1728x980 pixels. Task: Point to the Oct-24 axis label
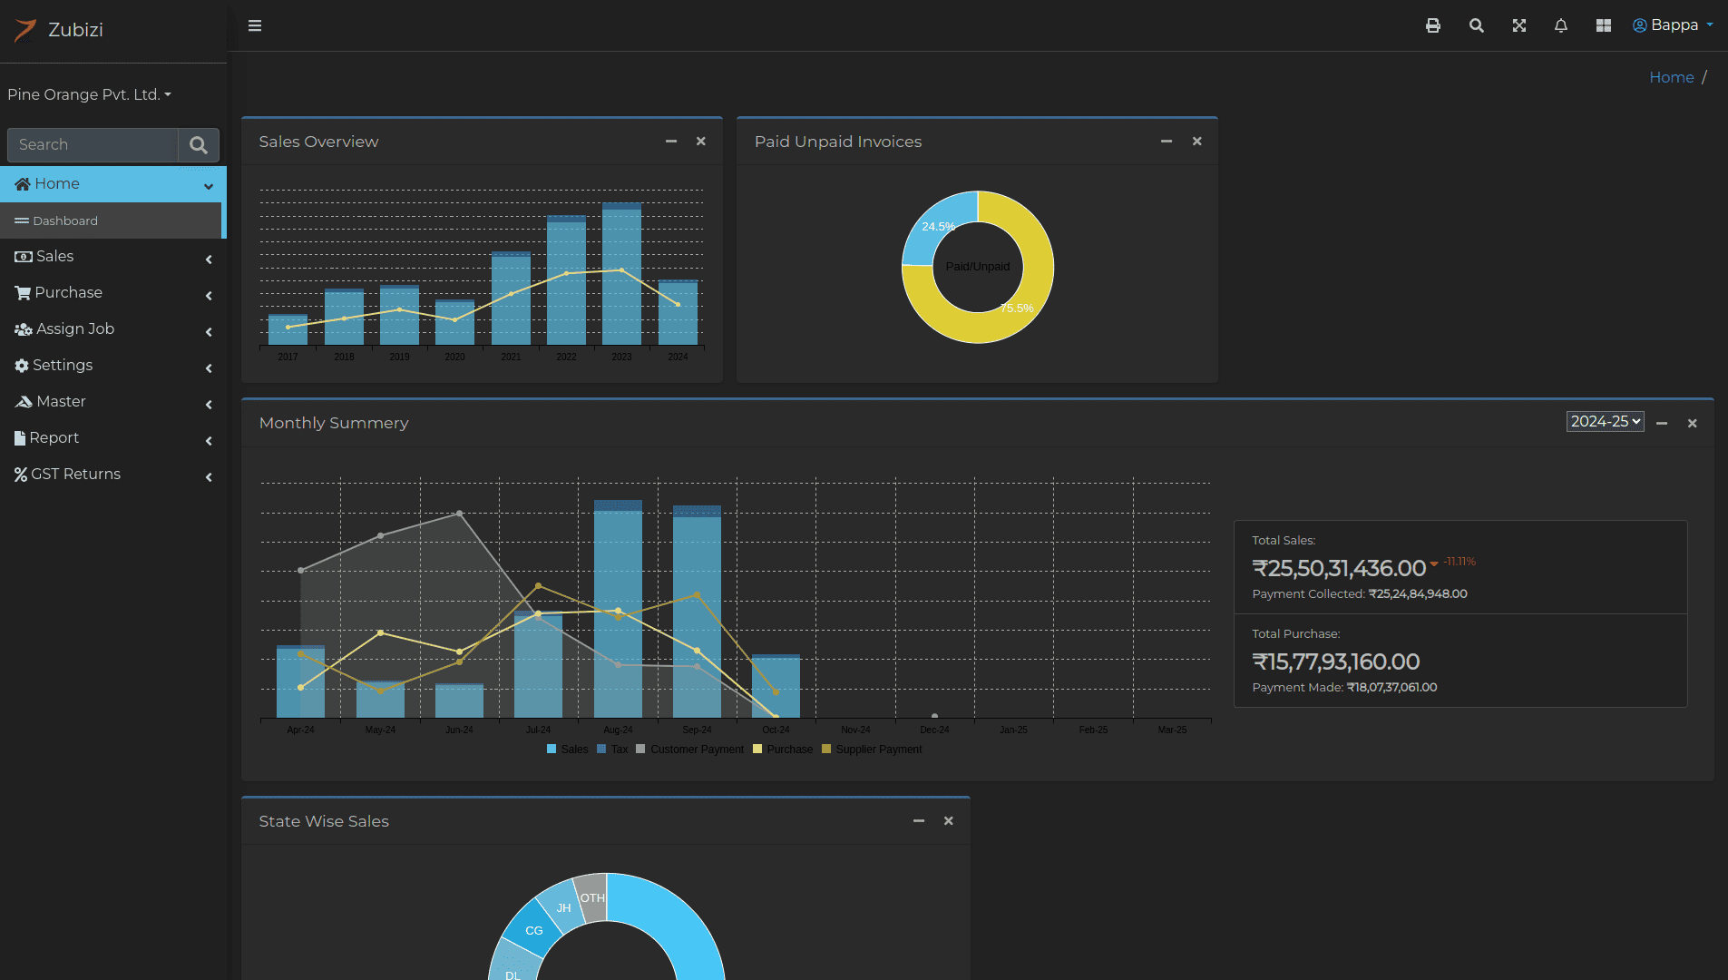(x=776, y=730)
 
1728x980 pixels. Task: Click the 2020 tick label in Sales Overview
(x=454, y=357)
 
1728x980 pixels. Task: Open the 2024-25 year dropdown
(x=1605, y=422)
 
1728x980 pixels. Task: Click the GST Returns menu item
(x=76, y=474)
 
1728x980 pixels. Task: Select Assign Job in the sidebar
(x=75, y=328)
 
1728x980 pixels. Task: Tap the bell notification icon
(x=1560, y=25)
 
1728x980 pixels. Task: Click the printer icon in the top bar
(x=1432, y=25)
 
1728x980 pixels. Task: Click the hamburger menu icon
(x=255, y=25)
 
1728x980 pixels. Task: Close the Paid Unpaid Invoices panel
(x=1196, y=142)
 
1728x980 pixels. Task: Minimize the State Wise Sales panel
(x=919, y=821)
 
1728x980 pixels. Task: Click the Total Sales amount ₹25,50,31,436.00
(x=1339, y=568)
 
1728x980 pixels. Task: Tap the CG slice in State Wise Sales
(x=533, y=930)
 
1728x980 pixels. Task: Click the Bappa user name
(x=1674, y=25)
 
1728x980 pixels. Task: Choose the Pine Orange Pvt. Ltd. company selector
(x=89, y=94)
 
